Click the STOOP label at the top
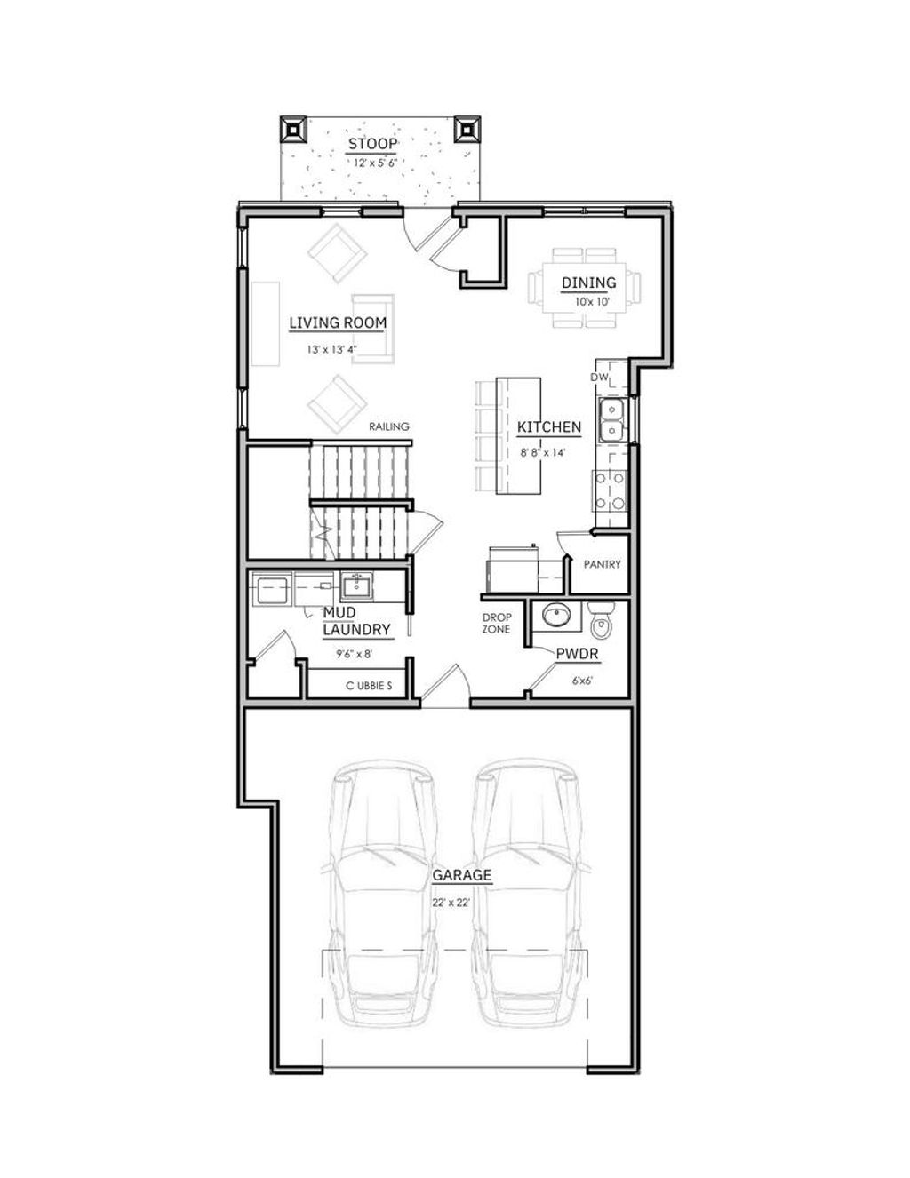coord(372,144)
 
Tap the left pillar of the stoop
coord(293,130)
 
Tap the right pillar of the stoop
coord(467,130)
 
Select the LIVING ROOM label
coord(338,323)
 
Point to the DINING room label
coord(588,283)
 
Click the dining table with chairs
coord(584,289)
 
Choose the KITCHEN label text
coord(549,427)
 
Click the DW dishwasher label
coord(599,378)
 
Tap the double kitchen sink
coord(611,420)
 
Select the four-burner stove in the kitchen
coord(611,490)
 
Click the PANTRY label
coord(602,564)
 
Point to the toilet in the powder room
coord(603,620)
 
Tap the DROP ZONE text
coord(496,623)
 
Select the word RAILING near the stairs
coord(389,426)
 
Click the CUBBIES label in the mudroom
coord(368,686)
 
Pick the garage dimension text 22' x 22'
coord(451,902)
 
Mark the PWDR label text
coord(577,655)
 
